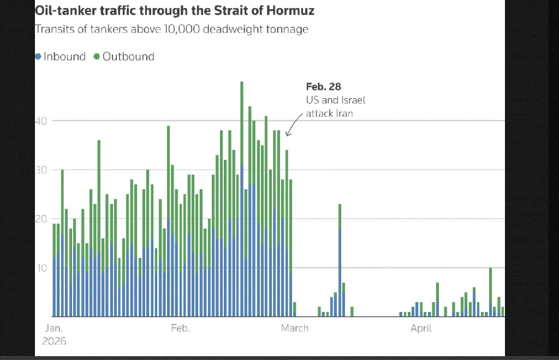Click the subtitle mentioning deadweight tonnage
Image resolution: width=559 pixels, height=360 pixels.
[171, 29]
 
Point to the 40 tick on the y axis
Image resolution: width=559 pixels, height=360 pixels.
[42, 121]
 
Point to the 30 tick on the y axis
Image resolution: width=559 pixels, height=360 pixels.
[42, 170]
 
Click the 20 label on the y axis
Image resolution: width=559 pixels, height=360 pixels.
[42, 219]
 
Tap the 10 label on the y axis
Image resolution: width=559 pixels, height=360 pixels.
[42, 268]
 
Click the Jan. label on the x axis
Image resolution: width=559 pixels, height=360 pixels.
[53, 328]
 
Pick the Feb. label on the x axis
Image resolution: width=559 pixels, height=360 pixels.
[180, 328]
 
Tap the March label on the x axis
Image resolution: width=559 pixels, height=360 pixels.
[294, 328]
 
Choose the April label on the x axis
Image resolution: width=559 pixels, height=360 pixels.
[421, 328]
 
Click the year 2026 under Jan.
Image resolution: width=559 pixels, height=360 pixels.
[54, 341]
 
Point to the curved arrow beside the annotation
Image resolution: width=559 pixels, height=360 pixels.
[294, 124]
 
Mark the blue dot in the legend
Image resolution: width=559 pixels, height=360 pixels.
[38, 56]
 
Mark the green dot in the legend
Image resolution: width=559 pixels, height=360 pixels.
[97, 56]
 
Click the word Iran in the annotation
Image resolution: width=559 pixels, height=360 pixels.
[343, 113]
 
